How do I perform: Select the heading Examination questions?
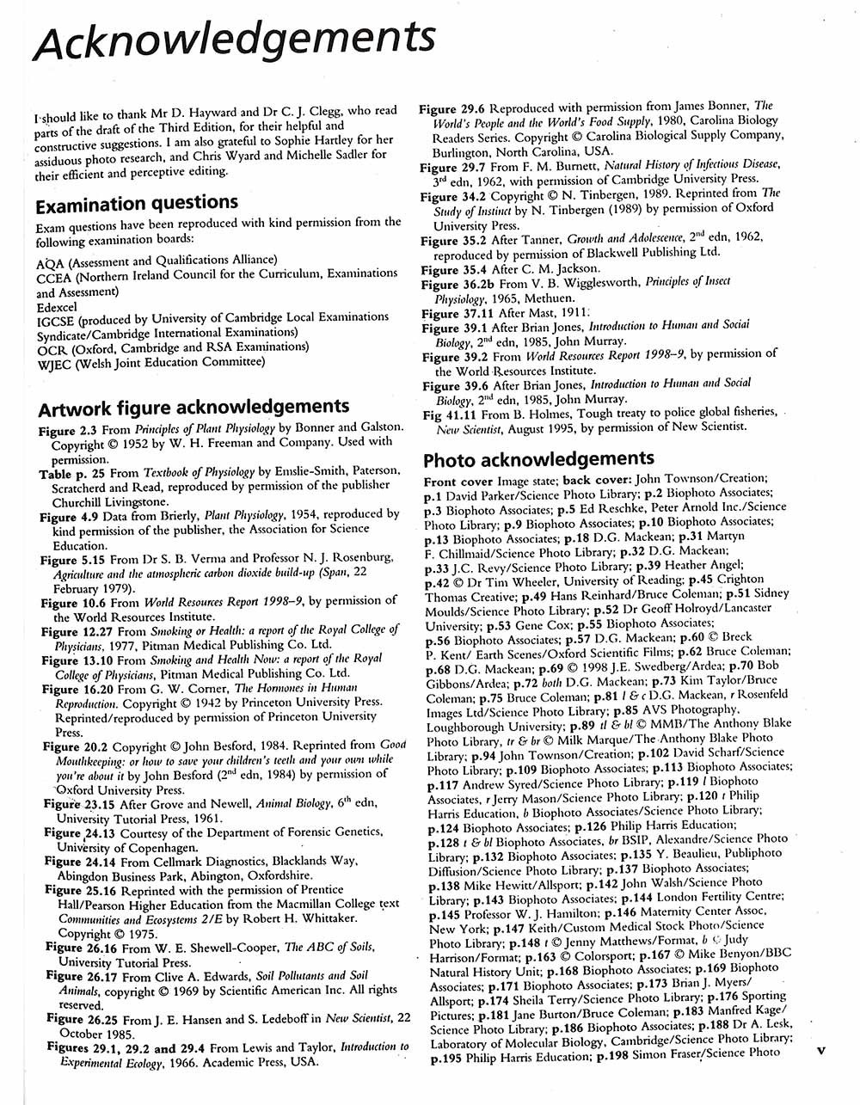click(137, 203)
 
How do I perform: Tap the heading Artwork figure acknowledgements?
click(194, 406)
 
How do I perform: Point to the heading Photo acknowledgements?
click(538, 458)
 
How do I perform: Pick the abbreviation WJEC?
click(55, 362)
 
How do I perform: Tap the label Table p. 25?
click(74, 472)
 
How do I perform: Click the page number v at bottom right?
click(820, 1049)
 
